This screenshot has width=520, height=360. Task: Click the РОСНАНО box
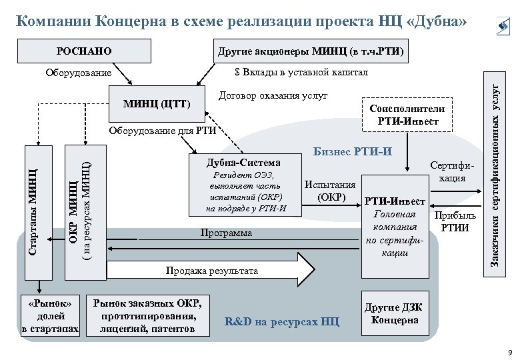(85, 51)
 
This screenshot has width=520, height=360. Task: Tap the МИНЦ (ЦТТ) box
(158, 105)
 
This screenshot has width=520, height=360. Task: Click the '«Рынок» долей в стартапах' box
(51, 314)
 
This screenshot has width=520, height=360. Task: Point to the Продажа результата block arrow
(213, 271)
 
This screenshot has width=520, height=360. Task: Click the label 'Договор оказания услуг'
(273, 96)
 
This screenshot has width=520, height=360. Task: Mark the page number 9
(509, 351)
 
